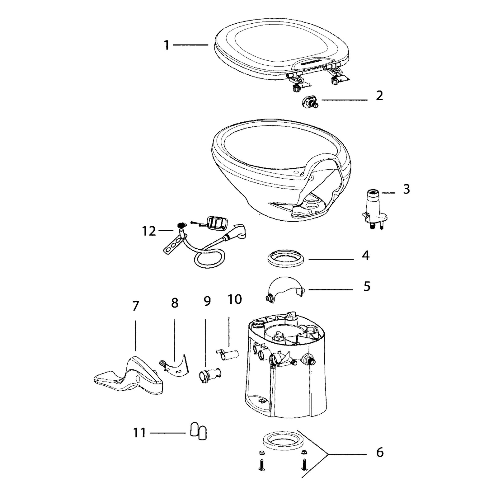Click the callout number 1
click(x=167, y=45)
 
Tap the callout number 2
click(x=379, y=96)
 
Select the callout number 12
click(x=149, y=231)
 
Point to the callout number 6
click(x=380, y=452)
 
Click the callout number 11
click(x=139, y=433)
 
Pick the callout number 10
click(x=234, y=299)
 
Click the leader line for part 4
click(x=331, y=259)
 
